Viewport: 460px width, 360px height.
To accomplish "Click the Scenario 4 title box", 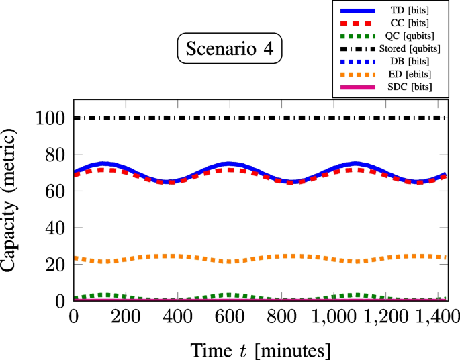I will click(x=230, y=50).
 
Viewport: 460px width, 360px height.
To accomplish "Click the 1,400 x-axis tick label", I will click(x=430, y=316).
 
